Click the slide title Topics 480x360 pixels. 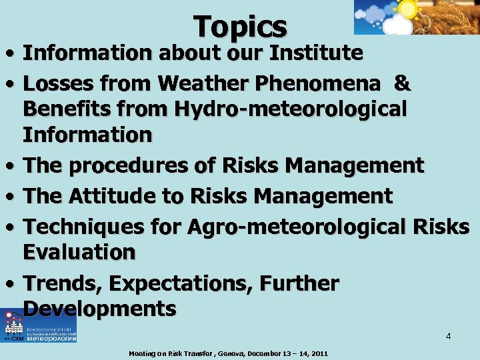pyautogui.click(x=240, y=27)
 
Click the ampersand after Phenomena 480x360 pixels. pyautogui.click(x=402, y=83)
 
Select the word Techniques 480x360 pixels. pyautogui.click(x=84, y=227)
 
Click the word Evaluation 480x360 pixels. pyautogui.click(x=79, y=252)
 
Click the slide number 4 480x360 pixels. pyautogui.click(x=449, y=336)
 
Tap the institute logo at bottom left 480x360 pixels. pyautogui.click(x=39, y=326)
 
